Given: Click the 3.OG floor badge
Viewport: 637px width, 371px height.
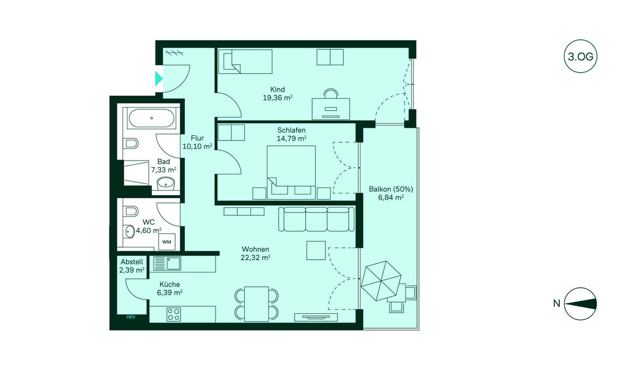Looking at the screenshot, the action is coord(580,56).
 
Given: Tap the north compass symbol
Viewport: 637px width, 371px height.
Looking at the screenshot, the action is coord(580,304).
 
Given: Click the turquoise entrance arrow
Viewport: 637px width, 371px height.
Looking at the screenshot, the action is coord(159,78).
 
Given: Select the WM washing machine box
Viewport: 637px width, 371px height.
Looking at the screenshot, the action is coord(167,242).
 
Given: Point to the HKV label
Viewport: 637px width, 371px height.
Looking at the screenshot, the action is coord(131,317).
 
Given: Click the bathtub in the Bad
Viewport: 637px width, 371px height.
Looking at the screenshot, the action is coord(152,118).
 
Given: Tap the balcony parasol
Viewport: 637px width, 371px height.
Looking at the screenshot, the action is coord(381,281).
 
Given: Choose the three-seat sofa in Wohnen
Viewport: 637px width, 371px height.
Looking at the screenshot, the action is coord(316,219).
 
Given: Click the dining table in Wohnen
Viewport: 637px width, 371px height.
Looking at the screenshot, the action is coord(256,304).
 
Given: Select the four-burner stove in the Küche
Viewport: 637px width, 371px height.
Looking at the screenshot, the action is coord(174,314).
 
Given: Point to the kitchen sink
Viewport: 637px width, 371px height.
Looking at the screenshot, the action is coord(167,263).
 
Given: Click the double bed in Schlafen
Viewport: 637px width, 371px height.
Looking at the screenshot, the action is coord(291,172).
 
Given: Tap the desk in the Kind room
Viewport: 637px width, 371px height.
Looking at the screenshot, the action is coord(331,109).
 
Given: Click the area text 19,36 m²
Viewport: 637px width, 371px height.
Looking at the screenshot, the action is coord(278,98).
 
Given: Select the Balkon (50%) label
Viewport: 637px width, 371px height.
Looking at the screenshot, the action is coord(391,189).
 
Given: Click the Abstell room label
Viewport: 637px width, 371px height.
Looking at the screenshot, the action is coord(132,262).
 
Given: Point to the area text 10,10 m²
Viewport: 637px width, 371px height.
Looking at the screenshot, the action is coord(197,146).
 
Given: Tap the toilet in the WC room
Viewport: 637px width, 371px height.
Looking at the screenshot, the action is coord(131,211).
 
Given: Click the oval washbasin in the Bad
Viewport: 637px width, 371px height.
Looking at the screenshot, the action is coord(166,184).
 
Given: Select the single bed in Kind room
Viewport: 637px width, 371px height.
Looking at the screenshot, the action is coord(245,61).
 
